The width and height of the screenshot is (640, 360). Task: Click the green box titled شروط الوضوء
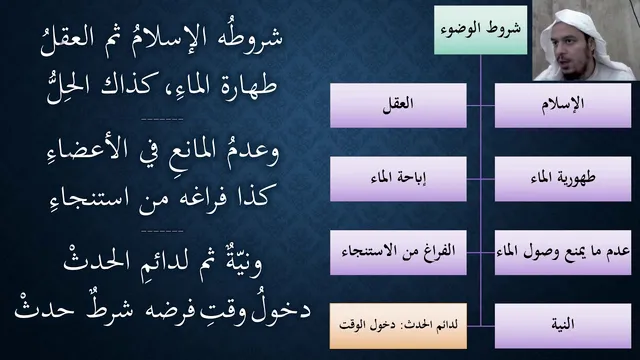point(480,30)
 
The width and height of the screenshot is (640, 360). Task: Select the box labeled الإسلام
point(563,105)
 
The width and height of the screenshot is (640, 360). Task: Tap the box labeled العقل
point(398,105)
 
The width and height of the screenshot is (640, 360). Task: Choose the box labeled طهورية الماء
point(563,179)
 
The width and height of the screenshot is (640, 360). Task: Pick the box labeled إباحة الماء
point(398,179)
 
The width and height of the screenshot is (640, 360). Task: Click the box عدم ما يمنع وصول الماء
point(563,252)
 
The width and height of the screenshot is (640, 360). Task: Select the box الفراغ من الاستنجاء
point(398,252)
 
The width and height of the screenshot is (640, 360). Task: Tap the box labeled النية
point(563,326)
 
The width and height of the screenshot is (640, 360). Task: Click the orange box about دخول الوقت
point(398,326)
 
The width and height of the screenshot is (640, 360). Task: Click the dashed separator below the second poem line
point(162,120)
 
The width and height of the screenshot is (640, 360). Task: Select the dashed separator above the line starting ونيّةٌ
point(162,231)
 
